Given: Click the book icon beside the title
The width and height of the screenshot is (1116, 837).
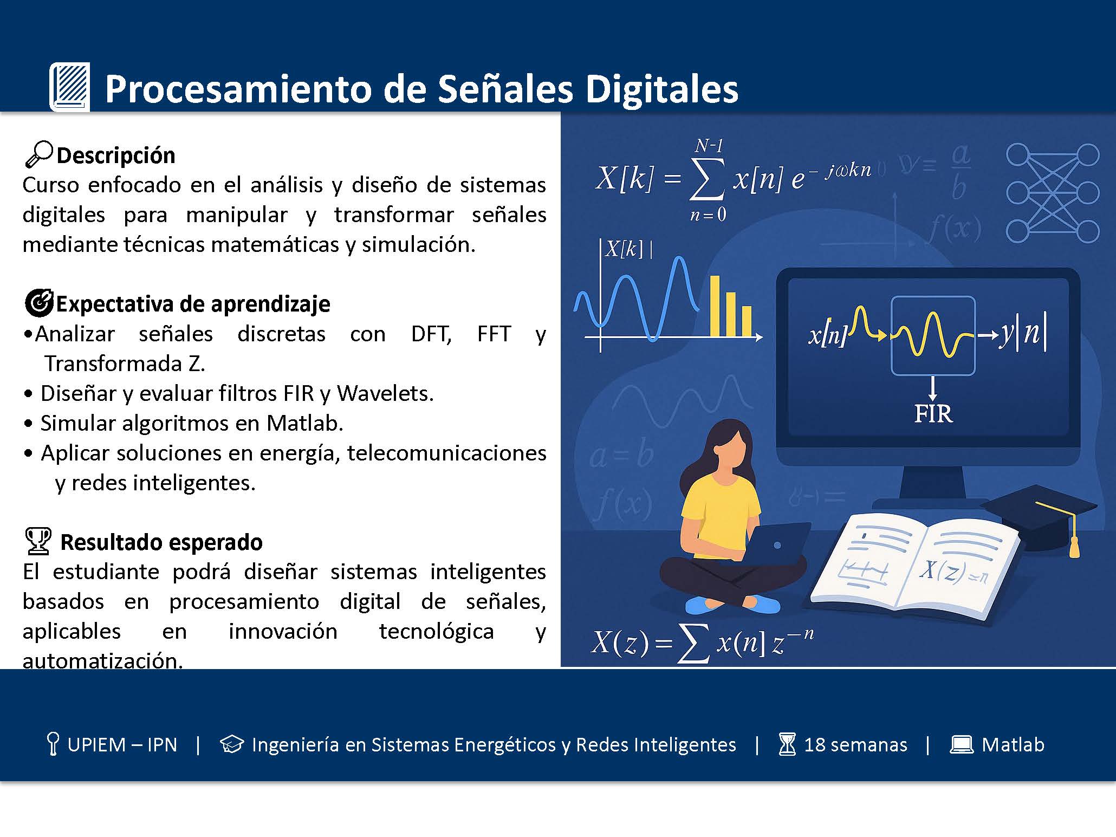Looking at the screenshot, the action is (x=69, y=87).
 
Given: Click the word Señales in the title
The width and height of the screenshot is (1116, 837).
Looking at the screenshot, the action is (x=505, y=88).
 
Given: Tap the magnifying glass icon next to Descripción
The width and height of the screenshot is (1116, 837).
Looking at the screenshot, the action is (x=39, y=154).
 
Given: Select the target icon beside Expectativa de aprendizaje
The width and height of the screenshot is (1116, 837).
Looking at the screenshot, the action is (x=40, y=302).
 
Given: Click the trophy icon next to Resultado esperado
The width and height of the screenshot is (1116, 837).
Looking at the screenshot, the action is (x=38, y=541).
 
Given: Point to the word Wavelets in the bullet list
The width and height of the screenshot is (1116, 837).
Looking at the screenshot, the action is (x=385, y=393).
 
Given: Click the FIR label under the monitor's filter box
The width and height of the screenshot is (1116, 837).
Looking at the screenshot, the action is (x=933, y=414).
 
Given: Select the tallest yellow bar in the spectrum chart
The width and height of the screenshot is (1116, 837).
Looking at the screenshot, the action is (x=715, y=306).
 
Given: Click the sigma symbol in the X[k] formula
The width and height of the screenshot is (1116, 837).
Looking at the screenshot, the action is (x=707, y=178).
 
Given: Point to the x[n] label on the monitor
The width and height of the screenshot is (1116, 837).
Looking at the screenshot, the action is (x=827, y=334).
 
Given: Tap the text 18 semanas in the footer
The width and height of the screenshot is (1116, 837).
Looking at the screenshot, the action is (x=855, y=745).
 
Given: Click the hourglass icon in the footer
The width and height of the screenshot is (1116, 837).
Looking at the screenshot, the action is (x=787, y=744).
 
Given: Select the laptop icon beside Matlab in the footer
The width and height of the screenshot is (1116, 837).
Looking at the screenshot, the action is (x=962, y=745).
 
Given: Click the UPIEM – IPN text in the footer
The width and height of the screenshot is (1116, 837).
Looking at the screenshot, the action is (x=122, y=745).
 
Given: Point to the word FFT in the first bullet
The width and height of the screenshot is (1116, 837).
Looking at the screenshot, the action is (x=494, y=334).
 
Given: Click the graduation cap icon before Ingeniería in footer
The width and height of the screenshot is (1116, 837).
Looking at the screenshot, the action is (x=232, y=744).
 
